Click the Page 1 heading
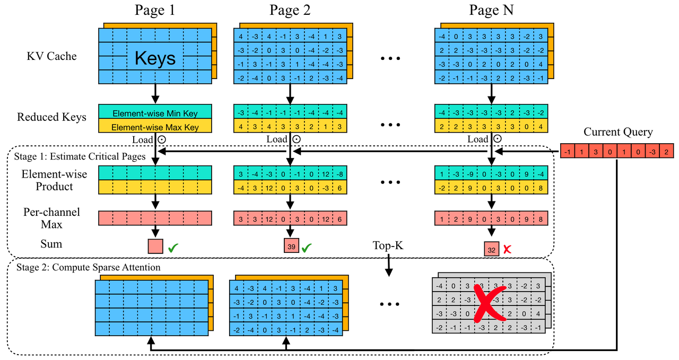(155, 10)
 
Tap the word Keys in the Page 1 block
(155, 57)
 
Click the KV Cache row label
(51, 56)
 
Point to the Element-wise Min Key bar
(155, 112)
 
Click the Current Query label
(617, 132)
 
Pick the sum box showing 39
(291, 247)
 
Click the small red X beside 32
(508, 249)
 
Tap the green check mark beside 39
(307, 247)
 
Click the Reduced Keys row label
(51, 117)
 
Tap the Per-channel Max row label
(51, 218)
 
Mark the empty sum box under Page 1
(155, 247)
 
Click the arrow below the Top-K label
(388, 265)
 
